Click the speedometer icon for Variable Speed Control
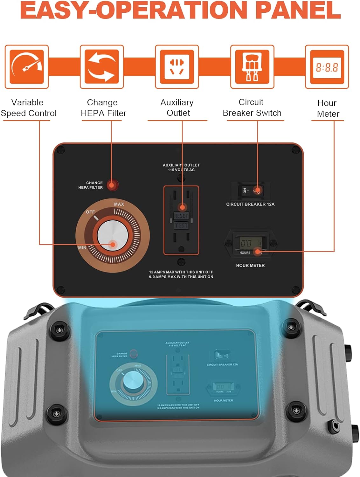(x=27, y=67)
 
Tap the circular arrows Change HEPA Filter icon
(x=102, y=67)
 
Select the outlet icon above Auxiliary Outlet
(x=177, y=67)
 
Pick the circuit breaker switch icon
(x=252, y=67)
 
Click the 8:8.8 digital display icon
(x=327, y=67)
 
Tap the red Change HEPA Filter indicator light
(x=112, y=185)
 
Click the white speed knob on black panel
(x=113, y=236)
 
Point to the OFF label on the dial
(x=90, y=212)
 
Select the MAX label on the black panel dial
(x=119, y=204)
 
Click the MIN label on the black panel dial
(x=82, y=248)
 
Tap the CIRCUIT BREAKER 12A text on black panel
(x=250, y=204)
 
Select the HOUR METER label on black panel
(x=250, y=265)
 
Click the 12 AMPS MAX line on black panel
(x=181, y=272)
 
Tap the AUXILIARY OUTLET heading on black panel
(x=181, y=165)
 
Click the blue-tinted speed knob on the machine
(x=133, y=380)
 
